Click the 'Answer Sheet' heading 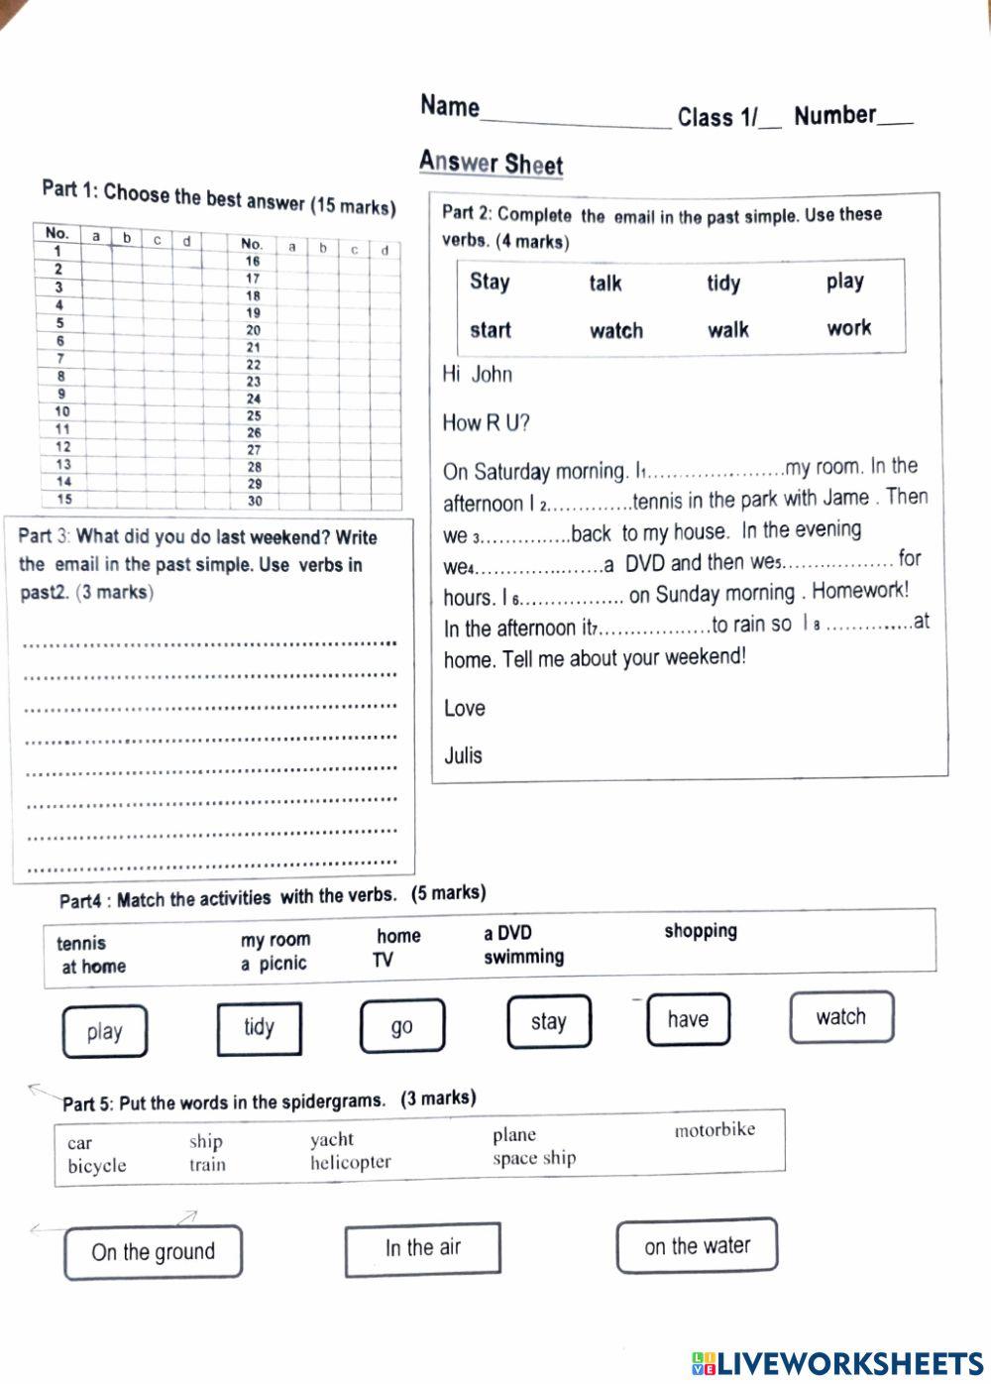(491, 163)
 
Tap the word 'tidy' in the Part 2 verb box (723, 284)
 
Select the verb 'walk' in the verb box (727, 330)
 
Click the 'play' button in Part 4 (104, 1032)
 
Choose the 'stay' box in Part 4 (548, 1021)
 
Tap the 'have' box (688, 1019)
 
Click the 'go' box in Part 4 (401, 1026)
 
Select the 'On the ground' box (153, 1252)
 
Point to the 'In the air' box (422, 1248)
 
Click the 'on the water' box (697, 1246)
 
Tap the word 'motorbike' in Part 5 (715, 1129)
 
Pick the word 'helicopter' (350, 1162)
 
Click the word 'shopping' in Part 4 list (701, 931)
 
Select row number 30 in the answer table (255, 501)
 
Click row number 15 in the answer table (63, 500)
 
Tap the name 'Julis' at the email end (463, 755)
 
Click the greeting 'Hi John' (477, 374)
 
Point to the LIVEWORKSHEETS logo (836, 1363)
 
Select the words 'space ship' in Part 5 (533, 1158)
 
